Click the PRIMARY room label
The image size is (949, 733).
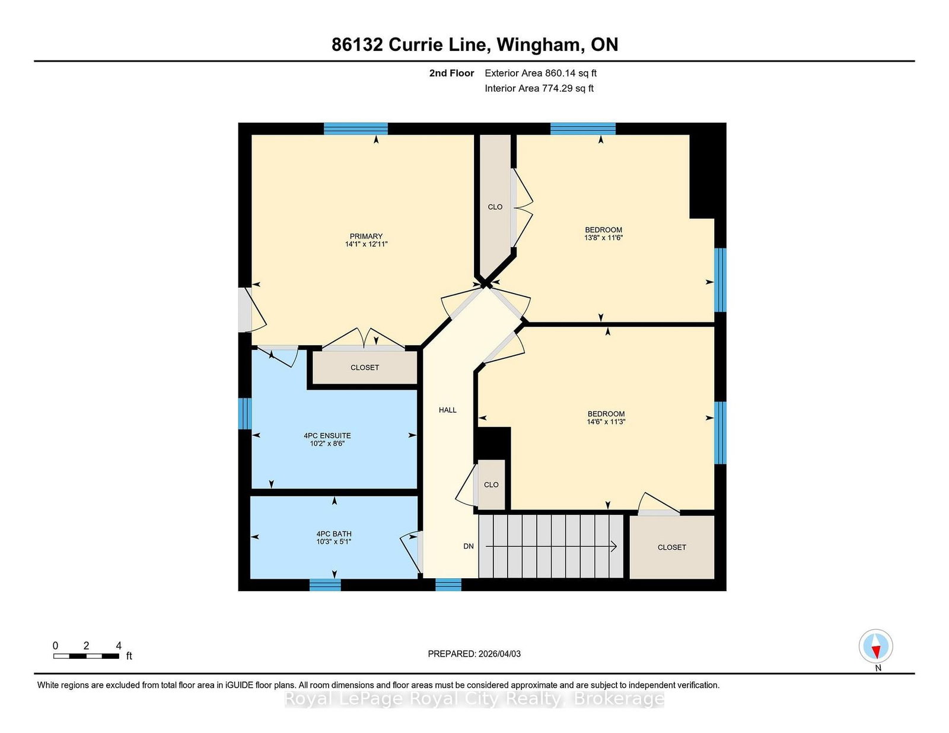pyautogui.click(x=366, y=236)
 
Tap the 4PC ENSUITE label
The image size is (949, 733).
pyautogui.click(x=327, y=435)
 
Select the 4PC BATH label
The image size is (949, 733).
pyautogui.click(x=334, y=534)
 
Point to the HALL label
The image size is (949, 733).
pyautogui.click(x=448, y=410)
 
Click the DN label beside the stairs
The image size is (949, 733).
pyautogui.click(x=468, y=546)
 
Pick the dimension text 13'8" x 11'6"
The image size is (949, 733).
pyautogui.click(x=604, y=238)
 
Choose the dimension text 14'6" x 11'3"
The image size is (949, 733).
pyautogui.click(x=606, y=422)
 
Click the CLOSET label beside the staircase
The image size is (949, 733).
pyautogui.click(x=671, y=547)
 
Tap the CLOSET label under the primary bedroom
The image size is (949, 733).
pyautogui.click(x=365, y=368)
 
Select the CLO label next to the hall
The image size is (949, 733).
pyautogui.click(x=491, y=485)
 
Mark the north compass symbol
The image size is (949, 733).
pyautogui.click(x=875, y=646)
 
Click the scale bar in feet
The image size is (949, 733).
pyautogui.click(x=86, y=656)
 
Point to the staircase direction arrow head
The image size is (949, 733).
pyautogui.click(x=614, y=546)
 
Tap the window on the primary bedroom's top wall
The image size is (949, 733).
pyautogui.click(x=355, y=129)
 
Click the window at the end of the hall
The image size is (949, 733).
pyautogui.click(x=448, y=585)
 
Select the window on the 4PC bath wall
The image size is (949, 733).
pyautogui.click(x=325, y=585)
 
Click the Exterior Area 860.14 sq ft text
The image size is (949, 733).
pyautogui.click(x=540, y=74)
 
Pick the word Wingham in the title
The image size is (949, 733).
pyautogui.click(x=541, y=45)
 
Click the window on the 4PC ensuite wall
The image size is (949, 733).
pyautogui.click(x=245, y=413)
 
